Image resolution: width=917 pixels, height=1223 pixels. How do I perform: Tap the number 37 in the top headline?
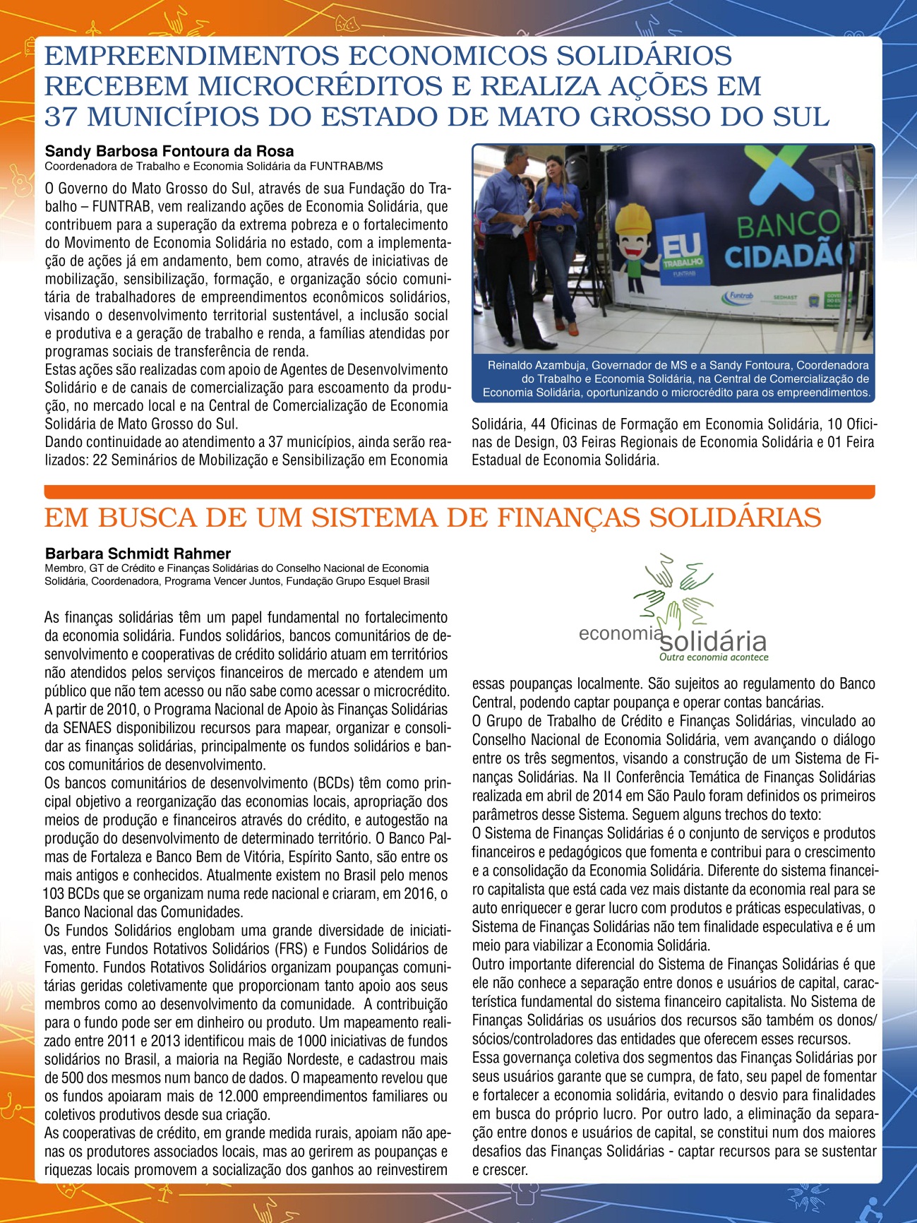[61, 117]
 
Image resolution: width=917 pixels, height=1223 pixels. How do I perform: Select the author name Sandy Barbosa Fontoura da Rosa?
[169, 151]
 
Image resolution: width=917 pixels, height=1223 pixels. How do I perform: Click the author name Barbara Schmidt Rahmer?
[138, 554]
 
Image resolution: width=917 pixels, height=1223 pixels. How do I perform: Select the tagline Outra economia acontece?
[713, 657]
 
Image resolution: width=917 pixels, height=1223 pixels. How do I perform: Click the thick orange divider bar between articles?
[459, 491]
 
